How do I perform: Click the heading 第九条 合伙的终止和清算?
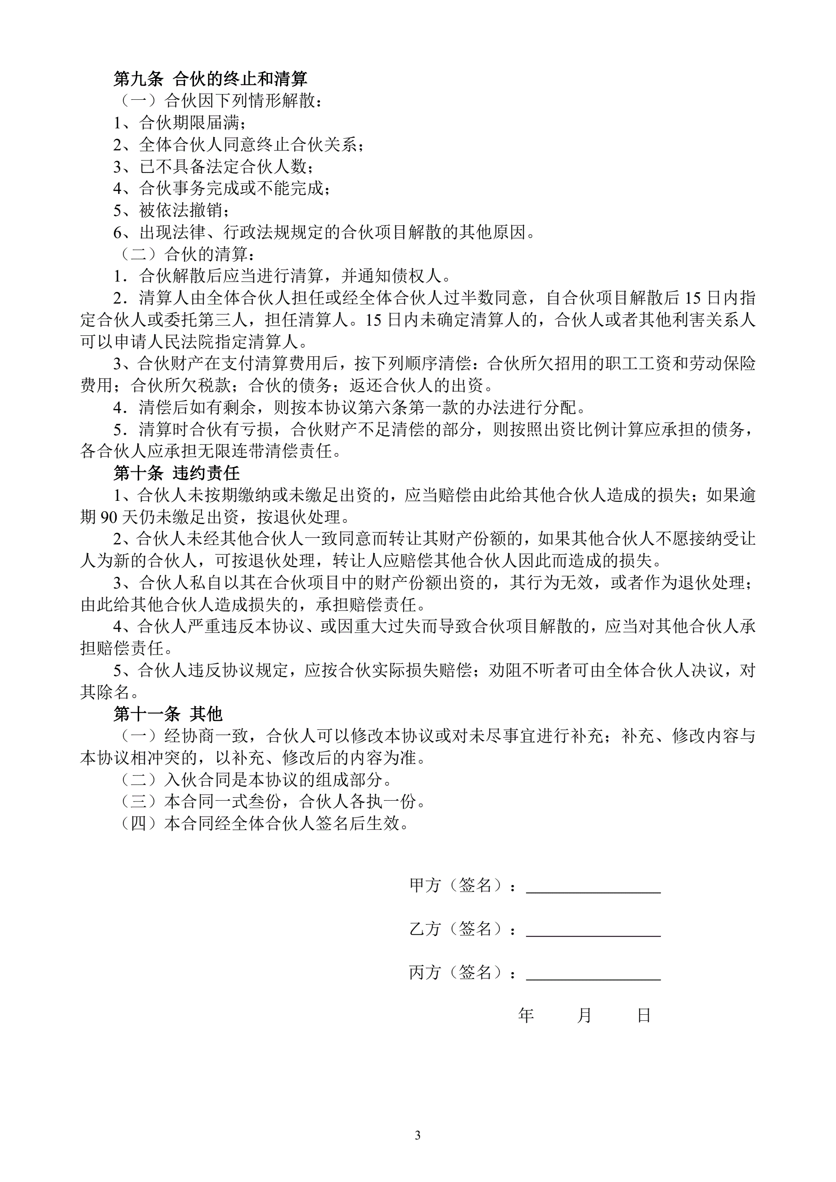coord(210,79)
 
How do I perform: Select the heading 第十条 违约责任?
coord(176,473)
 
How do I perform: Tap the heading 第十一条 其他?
coord(168,714)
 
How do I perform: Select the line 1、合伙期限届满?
coord(180,123)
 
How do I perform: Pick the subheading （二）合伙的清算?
coord(188,254)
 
